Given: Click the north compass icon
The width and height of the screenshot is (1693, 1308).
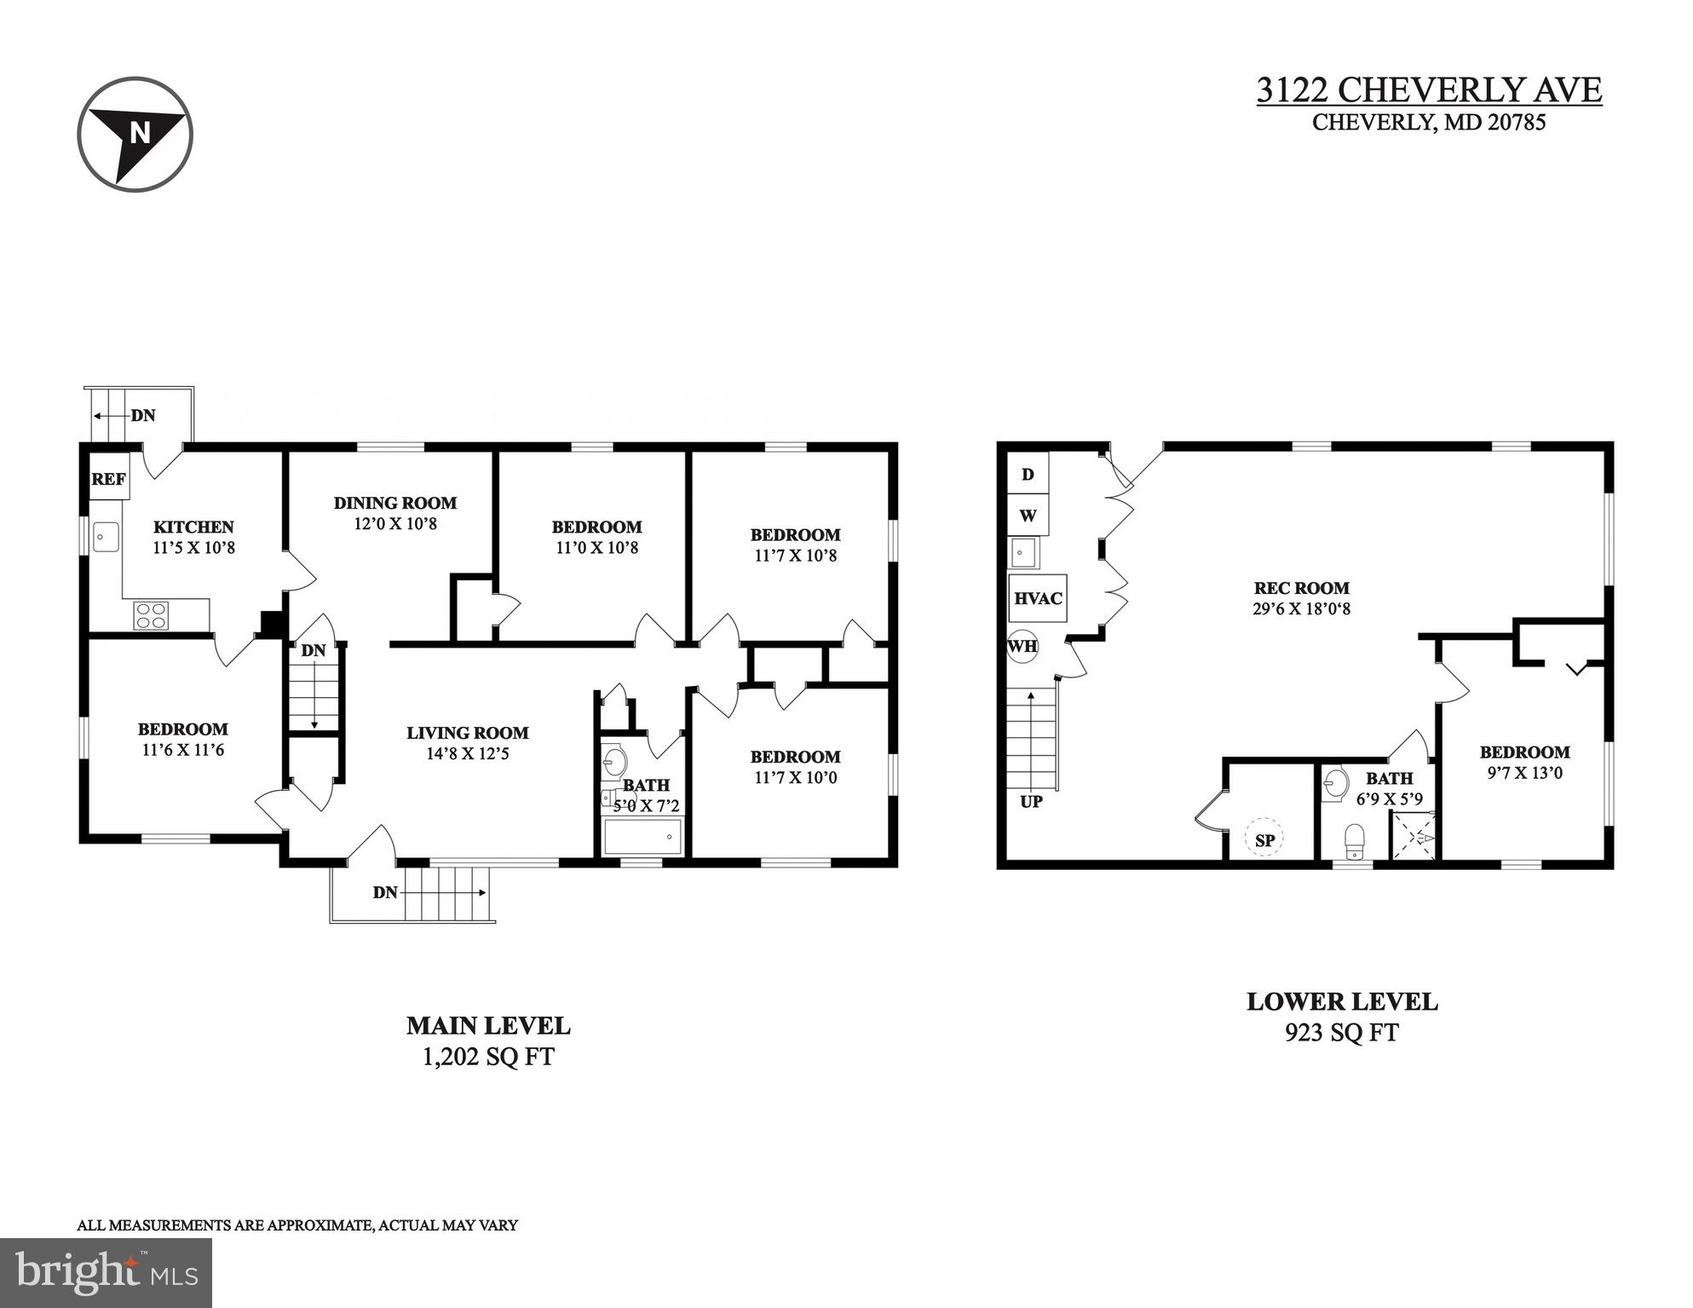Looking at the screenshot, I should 135,134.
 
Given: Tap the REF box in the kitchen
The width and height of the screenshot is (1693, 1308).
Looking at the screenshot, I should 109,479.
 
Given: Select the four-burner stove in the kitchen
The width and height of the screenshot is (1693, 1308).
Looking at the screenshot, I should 151,615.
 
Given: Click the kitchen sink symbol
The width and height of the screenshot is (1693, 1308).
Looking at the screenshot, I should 106,538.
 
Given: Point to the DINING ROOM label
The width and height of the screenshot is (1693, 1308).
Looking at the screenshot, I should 394,503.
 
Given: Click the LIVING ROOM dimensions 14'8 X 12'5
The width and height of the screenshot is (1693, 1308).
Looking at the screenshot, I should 467,753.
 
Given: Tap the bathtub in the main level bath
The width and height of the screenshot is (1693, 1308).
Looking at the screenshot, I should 642,836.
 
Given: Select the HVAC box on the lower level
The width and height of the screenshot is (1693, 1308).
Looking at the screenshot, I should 1037,598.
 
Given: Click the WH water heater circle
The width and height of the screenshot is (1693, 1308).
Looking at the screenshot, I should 1022,646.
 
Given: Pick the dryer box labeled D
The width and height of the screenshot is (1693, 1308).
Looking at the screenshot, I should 1028,474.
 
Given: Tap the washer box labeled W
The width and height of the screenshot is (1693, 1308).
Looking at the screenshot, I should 1028,516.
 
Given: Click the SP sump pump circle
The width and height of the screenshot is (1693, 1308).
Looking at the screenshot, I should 1265,840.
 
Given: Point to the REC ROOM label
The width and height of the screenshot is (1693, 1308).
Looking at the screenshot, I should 1301,588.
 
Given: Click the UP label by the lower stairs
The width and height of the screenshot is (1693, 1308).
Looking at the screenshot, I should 1031,802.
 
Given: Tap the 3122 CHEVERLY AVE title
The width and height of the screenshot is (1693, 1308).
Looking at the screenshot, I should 1429,89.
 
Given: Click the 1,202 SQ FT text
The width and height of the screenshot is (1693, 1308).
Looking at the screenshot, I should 488,1057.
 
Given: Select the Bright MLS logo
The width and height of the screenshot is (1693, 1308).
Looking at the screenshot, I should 106,1272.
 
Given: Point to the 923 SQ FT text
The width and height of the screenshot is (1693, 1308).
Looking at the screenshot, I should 1341,1033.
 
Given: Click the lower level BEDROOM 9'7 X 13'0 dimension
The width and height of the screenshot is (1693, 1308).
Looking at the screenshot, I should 1524,774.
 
